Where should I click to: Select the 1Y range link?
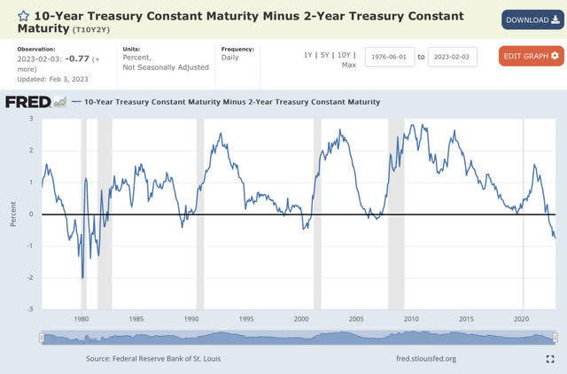coord(308,55)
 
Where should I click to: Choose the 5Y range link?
coord(327,55)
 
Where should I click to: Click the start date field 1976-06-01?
coord(390,56)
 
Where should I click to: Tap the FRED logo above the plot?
coord(35,102)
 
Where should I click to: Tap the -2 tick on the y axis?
coord(31,278)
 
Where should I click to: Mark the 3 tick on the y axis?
coord(32,118)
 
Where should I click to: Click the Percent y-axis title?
coord(14,214)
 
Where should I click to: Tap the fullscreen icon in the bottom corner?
coord(550,358)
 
